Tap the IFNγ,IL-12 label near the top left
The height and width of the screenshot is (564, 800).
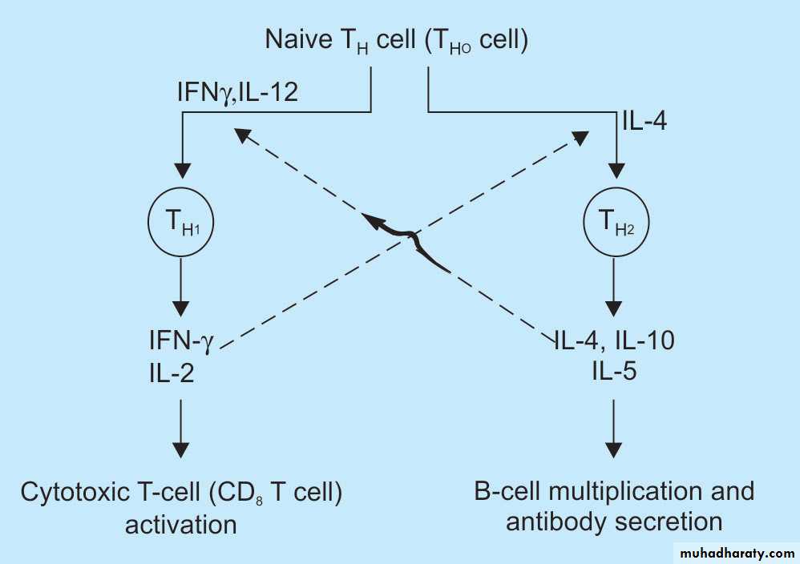[x=238, y=92]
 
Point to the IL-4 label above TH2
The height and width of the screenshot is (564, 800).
[x=644, y=123]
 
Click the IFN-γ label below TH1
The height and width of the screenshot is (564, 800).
[x=181, y=340]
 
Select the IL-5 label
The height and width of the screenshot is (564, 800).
[x=615, y=370]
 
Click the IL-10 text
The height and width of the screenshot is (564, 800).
[x=645, y=340]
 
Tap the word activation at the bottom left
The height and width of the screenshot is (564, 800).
[x=181, y=525]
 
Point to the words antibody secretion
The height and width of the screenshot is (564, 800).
[x=615, y=523]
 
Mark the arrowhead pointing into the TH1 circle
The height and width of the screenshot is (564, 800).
[x=183, y=171]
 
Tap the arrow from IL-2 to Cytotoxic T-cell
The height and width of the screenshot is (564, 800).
[x=183, y=425]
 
